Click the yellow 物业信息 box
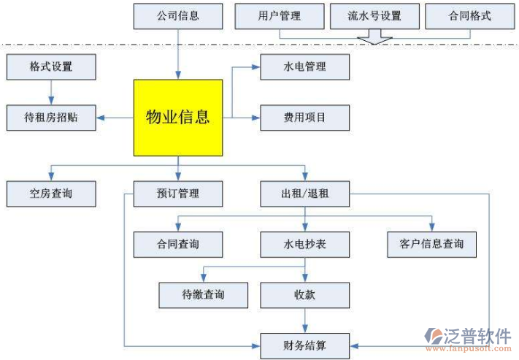tap(177, 117)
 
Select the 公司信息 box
tap(177, 15)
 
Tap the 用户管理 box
tap(280, 15)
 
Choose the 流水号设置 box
tap(374, 15)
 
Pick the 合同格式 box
tap(469, 15)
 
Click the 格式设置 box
tap(51, 67)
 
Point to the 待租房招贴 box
tap(51, 117)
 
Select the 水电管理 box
tap(305, 67)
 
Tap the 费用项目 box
tap(305, 117)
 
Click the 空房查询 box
tap(51, 194)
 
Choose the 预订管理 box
tap(177, 194)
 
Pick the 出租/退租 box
tap(305, 194)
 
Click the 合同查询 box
tap(177, 244)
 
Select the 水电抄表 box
tap(305, 244)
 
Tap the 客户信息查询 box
tap(432, 244)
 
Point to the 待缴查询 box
tap(203, 294)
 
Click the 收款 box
tap(305, 294)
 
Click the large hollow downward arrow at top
tap(374, 37)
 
